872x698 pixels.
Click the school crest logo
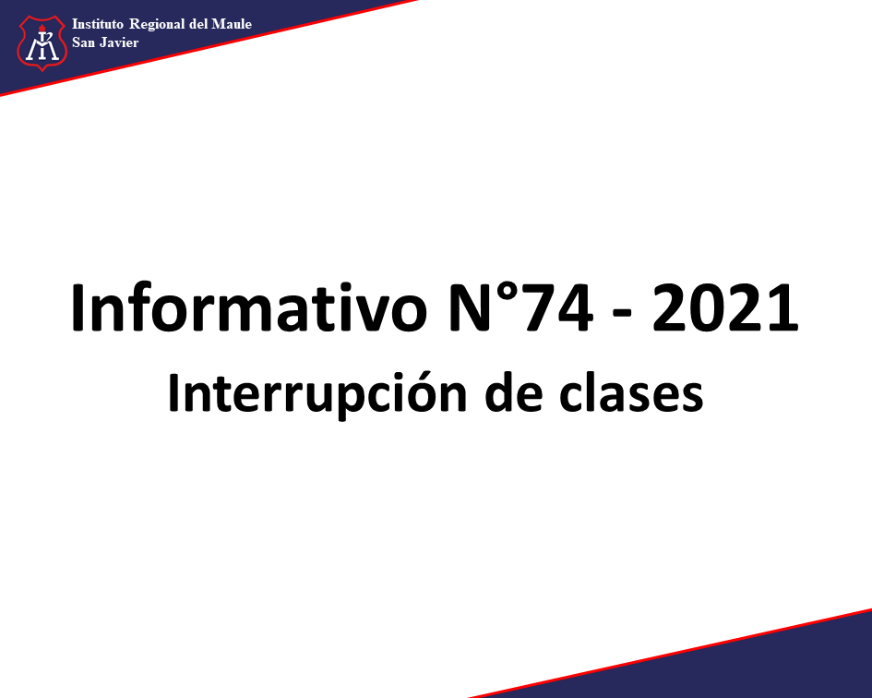(42, 42)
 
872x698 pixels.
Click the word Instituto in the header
(97, 24)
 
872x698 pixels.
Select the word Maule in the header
(232, 24)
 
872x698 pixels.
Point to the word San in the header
(83, 42)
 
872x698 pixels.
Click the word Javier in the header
(120, 42)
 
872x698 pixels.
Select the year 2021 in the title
(725, 308)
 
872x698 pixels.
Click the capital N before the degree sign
(472, 308)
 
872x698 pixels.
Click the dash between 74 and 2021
(622, 316)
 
